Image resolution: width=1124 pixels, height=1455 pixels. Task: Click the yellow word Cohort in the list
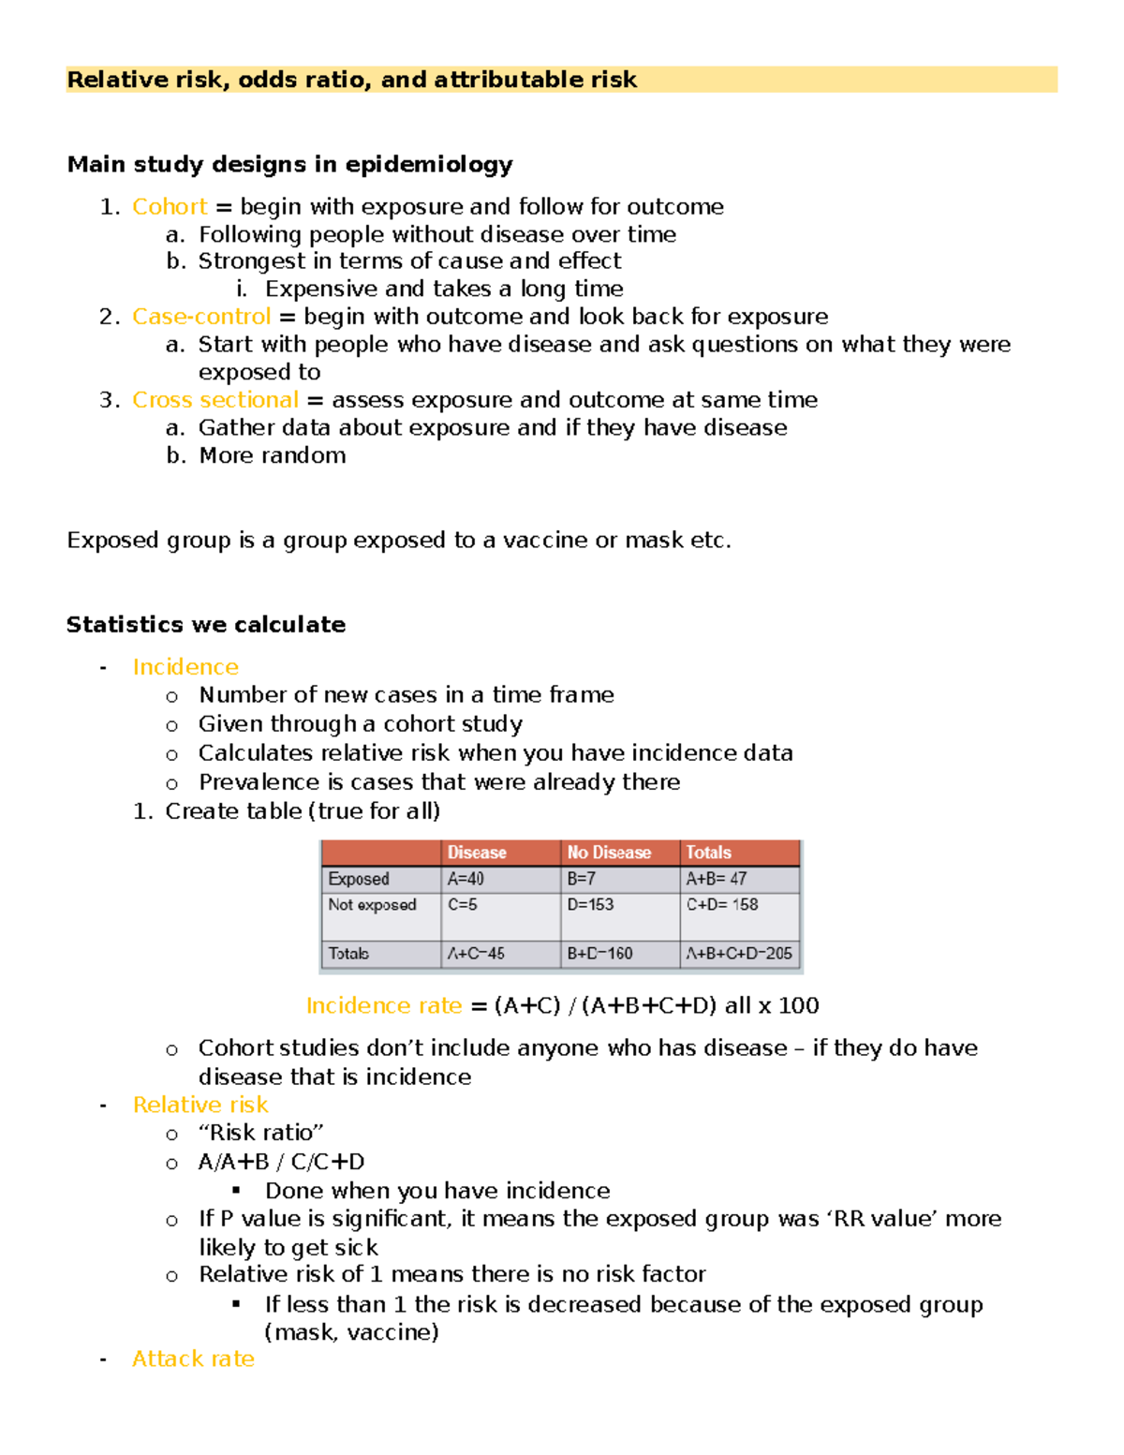(x=170, y=207)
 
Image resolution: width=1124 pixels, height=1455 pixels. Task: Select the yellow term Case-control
(x=201, y=317)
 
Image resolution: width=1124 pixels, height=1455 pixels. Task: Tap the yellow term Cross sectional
(x=215, y=400)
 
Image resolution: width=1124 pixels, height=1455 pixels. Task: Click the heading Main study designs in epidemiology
(x=289, y=165)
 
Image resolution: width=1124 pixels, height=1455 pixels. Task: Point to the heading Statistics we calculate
(x=206, y=625)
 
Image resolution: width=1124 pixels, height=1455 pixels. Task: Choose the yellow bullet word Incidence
(x=185, y=667)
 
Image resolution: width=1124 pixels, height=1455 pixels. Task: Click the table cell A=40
(x=466, y=879)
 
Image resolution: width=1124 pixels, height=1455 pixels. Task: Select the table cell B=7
(x=581, y=879)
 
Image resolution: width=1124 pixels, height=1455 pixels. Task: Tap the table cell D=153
(x=590, y=905)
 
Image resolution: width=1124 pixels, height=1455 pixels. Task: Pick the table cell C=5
(x=463, y=905)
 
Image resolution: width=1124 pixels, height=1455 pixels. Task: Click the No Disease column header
(x=609, y=853)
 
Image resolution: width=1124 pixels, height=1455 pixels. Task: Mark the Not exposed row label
(x=372, y=905)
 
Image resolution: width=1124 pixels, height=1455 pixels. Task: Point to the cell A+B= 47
(x=717, y=879)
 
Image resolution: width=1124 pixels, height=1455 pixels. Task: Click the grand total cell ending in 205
(x=739, y=954)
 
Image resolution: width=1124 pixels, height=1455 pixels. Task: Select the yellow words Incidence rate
(x=384, y=1006)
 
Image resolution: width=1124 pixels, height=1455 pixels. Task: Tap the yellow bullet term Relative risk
(x=200, y=1106)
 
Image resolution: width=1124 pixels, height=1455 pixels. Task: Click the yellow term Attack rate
(x=193, y=1359)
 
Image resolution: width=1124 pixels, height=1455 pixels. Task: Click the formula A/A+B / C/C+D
(x=281, y=1163)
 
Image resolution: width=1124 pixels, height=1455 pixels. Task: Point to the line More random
(x=273, y=456)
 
